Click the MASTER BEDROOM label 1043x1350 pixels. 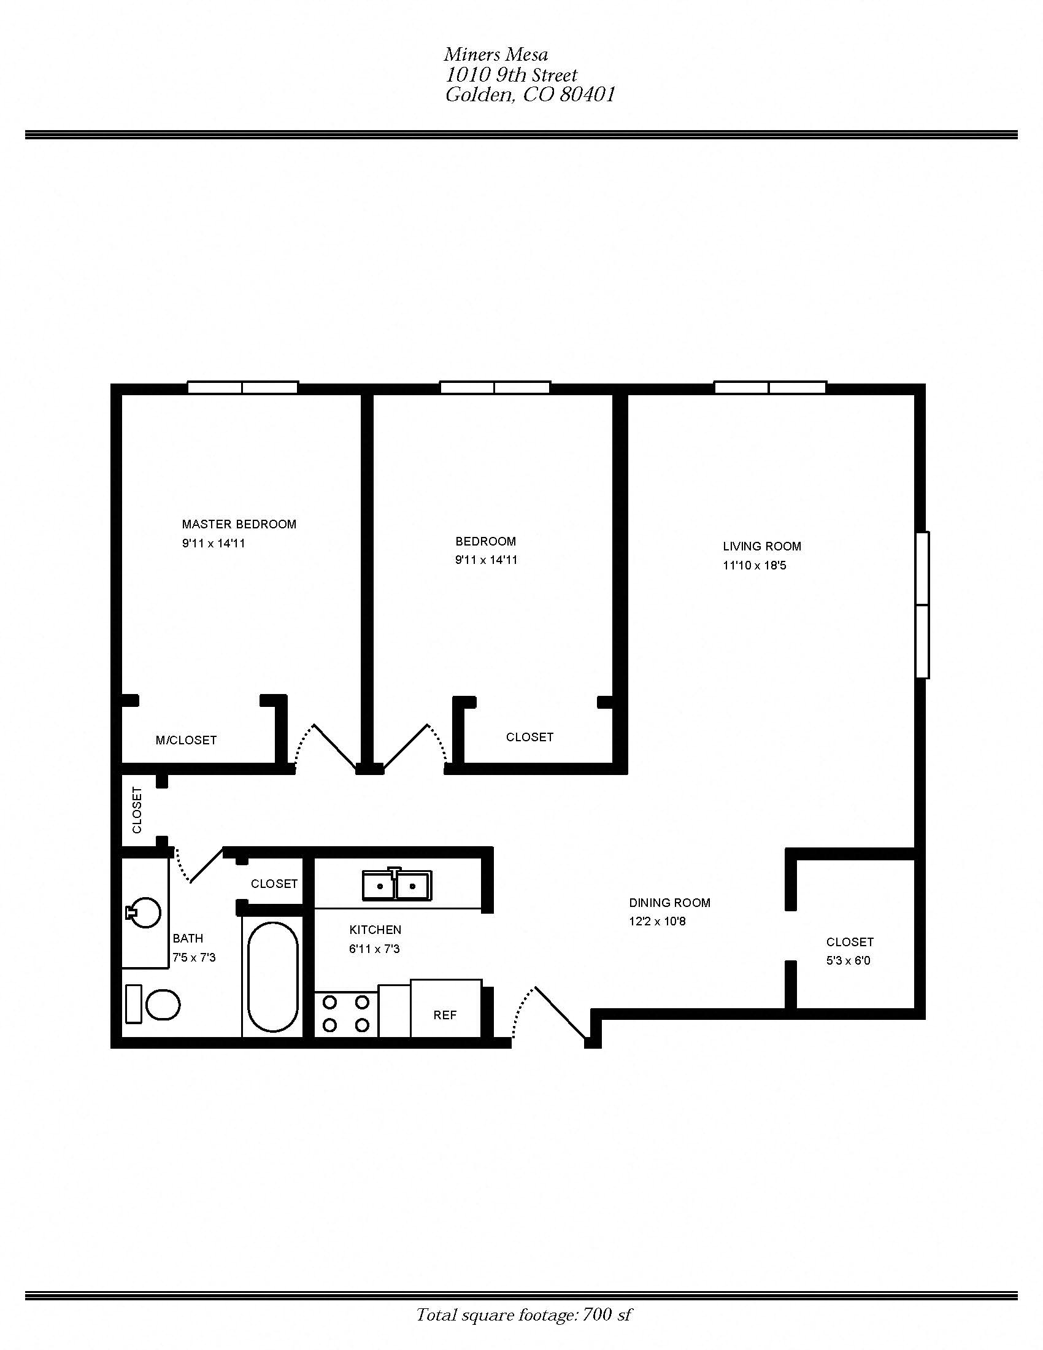pos(239,524)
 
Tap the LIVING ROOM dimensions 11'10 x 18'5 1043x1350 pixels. pos(754,565)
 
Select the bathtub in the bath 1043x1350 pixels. pos(272,977)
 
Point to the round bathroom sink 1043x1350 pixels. pos(146,912)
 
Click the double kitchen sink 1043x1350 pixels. pos(397,885)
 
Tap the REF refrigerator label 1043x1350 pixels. pos(445,1015)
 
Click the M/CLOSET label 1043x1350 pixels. pos(186,740)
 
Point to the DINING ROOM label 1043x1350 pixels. pos(669,903)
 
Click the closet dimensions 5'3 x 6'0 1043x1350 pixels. pos(848,960)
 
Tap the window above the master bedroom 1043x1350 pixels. pos(242,388)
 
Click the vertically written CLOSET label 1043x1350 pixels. pos(137,810)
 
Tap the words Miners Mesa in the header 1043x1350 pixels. pos(496,55)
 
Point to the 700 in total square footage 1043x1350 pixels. pos(597,1314)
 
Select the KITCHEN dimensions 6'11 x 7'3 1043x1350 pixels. pos(374,949)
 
